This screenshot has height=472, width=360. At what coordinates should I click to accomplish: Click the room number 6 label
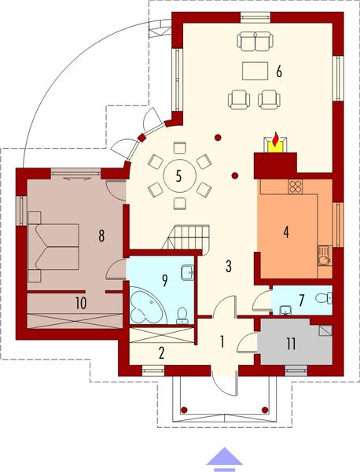tap(278, 72)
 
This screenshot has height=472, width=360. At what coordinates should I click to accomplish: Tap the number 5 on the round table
tap(179, 175)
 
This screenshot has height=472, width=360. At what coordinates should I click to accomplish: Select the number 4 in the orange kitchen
tap(286, 232)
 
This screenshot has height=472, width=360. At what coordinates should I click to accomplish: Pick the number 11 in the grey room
tap(291, 342)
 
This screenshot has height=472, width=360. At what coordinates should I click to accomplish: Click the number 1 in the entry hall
tap(222, 341)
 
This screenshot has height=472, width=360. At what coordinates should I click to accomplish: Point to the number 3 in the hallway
tap(229, 265)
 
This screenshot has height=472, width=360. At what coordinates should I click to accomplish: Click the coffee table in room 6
tap(254, 70)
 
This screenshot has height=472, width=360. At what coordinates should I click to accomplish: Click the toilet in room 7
tap(327, 298)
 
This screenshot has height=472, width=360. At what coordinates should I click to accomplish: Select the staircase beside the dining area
tap(191, 235)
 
